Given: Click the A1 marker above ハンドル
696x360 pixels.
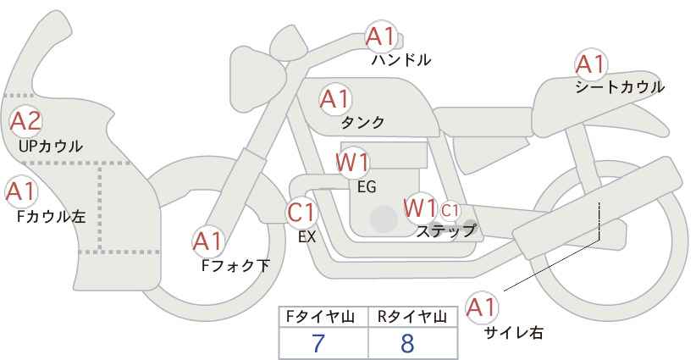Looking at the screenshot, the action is (x=380, y=36).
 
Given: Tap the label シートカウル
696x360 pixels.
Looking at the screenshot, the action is (x=620, y=87).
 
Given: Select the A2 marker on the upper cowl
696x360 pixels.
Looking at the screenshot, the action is (x=25, y=121).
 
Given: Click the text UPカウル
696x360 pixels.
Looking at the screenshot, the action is (x=51, y=146).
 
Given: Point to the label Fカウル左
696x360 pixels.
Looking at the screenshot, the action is (x=51, y=217).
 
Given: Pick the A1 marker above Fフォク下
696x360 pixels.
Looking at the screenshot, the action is (x=207, y=241).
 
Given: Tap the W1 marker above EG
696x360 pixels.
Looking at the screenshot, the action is (x=352, y=162).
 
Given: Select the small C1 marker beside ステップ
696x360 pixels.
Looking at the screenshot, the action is (x=450, y=210).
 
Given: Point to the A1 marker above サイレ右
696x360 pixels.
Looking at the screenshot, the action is (x=482, y=307).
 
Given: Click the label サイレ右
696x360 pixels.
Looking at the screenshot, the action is (x=513, y=332).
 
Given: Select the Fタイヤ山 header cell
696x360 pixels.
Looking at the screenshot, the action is (x=323, y=317).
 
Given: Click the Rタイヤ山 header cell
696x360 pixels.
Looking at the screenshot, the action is (x=413, y=317).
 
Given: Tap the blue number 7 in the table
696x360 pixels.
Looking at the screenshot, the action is (x=318, y=343).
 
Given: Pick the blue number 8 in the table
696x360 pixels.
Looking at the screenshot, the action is (x=407, y=343).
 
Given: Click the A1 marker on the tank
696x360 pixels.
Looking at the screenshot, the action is (x=335, y=99).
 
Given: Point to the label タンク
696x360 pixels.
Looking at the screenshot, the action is (x=362, y=123).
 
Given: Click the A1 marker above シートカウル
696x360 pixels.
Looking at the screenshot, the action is (x=591, y=64).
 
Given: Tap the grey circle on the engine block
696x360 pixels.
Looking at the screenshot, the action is (x=384, y=219).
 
